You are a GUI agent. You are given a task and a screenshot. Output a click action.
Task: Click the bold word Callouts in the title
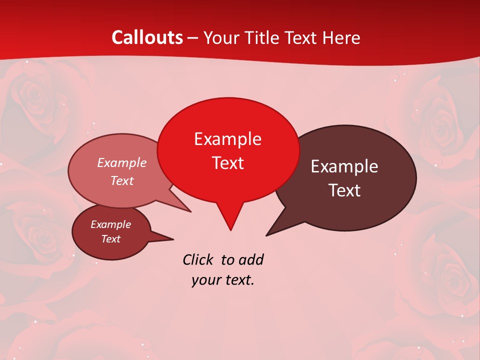click(x=147, y=37)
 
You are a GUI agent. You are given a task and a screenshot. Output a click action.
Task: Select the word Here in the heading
click(x=341, y=37)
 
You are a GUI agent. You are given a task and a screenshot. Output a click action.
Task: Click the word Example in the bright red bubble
click(x=227, y=139)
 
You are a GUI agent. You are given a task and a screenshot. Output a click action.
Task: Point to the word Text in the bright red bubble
click(x=227, y=163)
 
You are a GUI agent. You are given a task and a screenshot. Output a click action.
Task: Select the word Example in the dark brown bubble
click(x=344, y=166)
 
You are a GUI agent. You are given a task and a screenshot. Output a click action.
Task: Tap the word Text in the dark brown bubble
click(x=344, y=190)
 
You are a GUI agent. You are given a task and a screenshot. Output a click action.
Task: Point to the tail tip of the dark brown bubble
click(x=267, y=235)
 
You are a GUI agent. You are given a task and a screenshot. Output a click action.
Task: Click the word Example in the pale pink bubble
click(x=122, y=162)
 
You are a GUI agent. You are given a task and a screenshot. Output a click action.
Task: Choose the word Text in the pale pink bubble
click(x=122, y=180)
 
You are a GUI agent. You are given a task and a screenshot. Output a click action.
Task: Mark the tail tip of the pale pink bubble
click(x=190, y=211)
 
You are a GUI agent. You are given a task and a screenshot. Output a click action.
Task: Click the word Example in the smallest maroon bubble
click(x=110, y=224)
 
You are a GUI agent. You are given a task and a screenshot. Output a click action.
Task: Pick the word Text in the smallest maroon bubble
click(x=110, y=239)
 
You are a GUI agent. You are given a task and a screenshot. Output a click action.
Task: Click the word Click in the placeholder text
click(x=198, y=259)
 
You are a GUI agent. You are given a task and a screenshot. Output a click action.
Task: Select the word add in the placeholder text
click(x=251, y=259)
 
